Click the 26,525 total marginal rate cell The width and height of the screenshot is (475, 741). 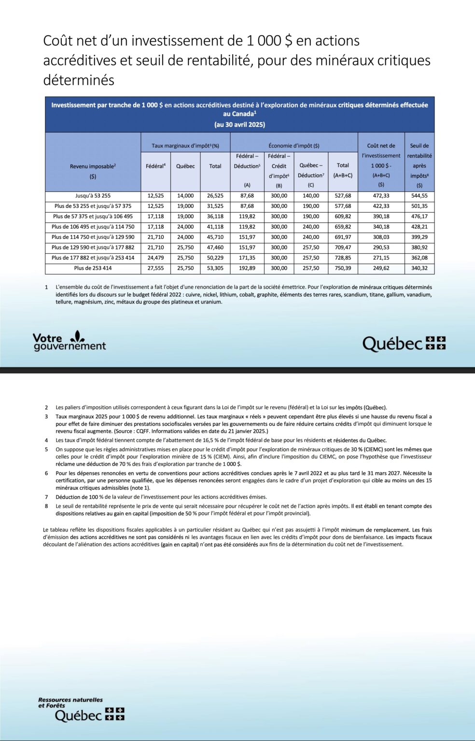coord(215,196)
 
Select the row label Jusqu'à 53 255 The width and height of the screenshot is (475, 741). coord(93,196)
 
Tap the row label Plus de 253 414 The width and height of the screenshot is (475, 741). coord(93,268)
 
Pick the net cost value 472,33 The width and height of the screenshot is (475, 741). coord(381,196)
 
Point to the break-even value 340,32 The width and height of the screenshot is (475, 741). coord(419,268)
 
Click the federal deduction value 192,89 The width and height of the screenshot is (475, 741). coord(247,268)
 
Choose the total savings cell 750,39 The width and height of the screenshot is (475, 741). coord(343,268)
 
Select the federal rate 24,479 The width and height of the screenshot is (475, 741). coord(155,258)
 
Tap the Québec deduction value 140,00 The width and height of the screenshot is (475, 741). coord(310,196)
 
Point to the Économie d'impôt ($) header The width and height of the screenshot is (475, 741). coord(293,146)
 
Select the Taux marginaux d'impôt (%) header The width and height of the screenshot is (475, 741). coord(185,146)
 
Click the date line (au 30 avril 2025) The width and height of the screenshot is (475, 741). coord(239,124)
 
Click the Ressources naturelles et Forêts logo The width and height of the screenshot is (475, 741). coord(81,709)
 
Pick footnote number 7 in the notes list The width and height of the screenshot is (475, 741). coord(46,497)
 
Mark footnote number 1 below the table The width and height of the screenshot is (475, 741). coord(46,287)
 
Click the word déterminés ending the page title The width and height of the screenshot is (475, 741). coord(79,80)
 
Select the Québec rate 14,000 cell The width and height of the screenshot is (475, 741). coord(185,196)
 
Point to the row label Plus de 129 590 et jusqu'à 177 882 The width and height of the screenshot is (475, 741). coord(93,247)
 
